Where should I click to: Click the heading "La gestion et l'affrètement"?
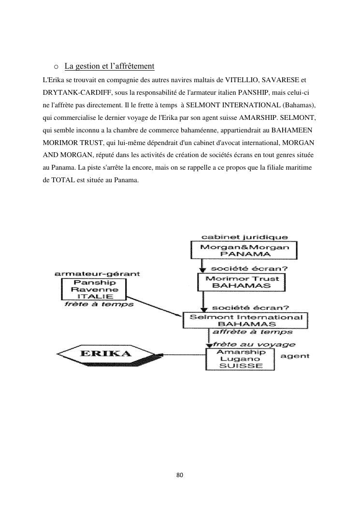[109, 66]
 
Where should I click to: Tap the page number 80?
[180, 475]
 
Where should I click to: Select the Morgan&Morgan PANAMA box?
[245, 250]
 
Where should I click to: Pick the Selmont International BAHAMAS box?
[246, 320]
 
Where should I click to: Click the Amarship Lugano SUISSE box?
[240, 359]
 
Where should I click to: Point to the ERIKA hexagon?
[104, 353]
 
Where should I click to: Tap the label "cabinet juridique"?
[245, 237]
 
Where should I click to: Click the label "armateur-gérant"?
[97, 274]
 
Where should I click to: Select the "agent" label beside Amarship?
[295, 356]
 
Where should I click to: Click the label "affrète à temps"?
[252, 332]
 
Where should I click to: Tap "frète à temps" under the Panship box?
[99, 305]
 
